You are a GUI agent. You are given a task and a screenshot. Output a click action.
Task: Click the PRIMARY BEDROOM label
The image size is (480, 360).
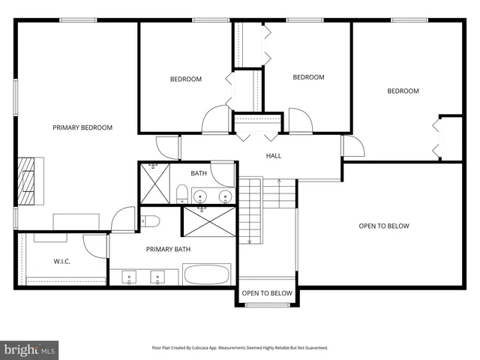[x=82, y=127]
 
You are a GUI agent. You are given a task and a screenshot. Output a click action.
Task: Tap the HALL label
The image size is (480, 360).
[x=274, y=156]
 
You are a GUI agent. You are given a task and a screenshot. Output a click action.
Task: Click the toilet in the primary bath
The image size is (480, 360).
[x=150, y=221]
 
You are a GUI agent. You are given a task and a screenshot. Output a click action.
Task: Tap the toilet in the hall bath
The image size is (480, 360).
[x=181, y=195]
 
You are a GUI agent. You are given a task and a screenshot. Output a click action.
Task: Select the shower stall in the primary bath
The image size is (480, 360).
[x=209, y=223]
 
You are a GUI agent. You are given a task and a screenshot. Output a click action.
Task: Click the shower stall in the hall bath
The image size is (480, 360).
[x=154, y=182]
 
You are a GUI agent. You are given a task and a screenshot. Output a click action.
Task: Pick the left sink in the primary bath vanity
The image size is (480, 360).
[x=129, y=277]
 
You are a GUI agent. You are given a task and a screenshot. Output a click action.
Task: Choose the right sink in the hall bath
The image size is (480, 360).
[x=224, y=196]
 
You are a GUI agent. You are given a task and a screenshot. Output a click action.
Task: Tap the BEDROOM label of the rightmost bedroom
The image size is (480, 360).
[x=403, y=91]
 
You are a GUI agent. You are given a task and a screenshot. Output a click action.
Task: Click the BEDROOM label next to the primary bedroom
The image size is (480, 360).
[x=185, y=79]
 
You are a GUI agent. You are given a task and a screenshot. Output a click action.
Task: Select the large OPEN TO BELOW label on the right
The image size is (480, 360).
[x=384, y=226]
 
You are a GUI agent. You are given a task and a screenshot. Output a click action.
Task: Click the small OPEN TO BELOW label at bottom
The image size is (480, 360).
[x=267, y=293]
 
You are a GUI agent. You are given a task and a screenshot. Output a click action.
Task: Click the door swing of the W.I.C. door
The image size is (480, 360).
[x=96, y=246]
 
